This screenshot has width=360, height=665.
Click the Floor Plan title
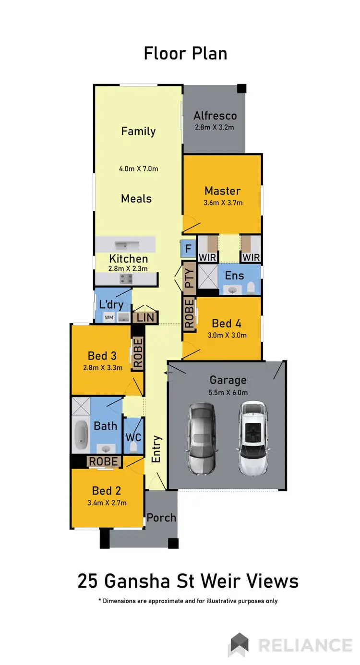pos(185,53)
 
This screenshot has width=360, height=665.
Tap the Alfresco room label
pos(215,116)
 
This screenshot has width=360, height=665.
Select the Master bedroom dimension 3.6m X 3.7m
pos(222,202)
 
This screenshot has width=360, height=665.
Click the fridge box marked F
pos(188,248)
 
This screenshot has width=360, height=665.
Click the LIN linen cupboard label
pos(145,317)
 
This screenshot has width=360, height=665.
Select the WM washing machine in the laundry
pos(108,317)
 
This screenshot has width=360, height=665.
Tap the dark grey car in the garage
pos(202,437)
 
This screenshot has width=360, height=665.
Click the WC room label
pos(133,438)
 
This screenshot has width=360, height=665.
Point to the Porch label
pos(161,518)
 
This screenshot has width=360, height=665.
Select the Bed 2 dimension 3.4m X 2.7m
pos(106,503)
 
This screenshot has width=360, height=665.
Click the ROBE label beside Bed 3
pos(138,353)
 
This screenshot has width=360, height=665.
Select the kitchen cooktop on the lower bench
pos(126,278)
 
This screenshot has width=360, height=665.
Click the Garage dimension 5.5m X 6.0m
pos(228,392)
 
